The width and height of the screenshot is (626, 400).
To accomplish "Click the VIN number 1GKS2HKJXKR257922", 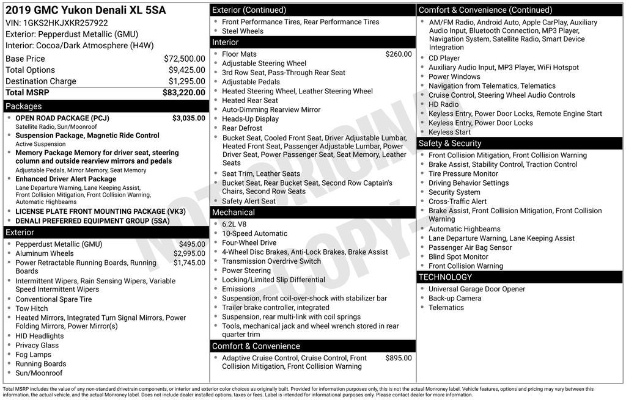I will click(x=65, y=23).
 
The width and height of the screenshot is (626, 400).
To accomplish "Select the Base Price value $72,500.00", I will click(x=184, y=59).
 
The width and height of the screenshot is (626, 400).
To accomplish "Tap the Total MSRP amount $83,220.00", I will click(x=183, y=92).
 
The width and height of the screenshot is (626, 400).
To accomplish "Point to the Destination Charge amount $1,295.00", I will click(x=186, y=81).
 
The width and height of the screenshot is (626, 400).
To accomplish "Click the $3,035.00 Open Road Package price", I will click(x=188, y=118).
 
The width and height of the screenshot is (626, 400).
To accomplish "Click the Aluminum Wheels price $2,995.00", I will click(x=189, y=253).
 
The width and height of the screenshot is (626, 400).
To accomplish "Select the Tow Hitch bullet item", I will click(x=31, y=308).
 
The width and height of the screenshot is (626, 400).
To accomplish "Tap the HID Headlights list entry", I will click(x=39, y=336).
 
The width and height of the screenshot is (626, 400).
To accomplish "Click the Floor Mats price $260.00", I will click(x=399, y=54).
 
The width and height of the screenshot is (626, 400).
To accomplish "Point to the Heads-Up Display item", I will click(x=250, y=119).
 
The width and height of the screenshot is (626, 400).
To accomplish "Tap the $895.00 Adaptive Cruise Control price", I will click(x=399, y=358).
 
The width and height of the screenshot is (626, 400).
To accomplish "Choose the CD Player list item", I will click(x=444, y=58).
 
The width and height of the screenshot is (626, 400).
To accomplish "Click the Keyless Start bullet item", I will click(x=449, y=132).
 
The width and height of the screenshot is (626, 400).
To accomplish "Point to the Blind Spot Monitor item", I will click(x=458, y=256).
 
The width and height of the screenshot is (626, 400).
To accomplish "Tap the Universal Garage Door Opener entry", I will click(x=477, y=289).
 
